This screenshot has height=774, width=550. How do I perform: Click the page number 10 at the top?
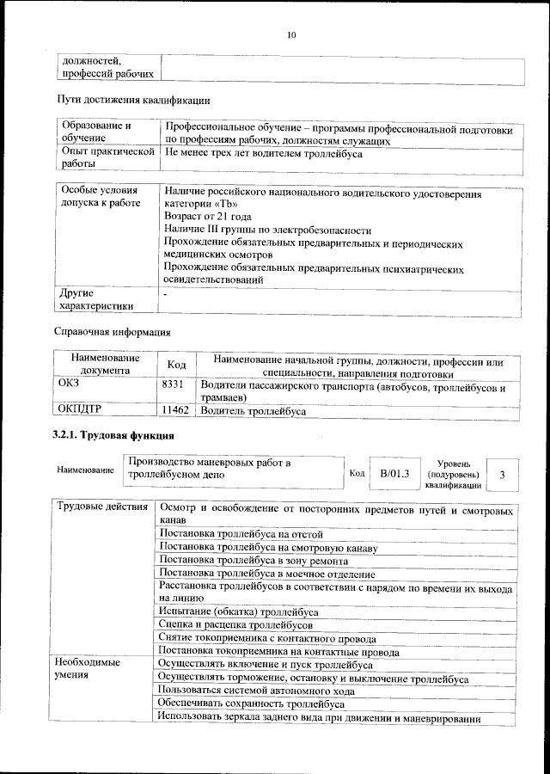291,35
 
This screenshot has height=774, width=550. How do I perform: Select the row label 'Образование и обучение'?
95,131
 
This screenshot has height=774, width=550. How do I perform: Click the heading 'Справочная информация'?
113,331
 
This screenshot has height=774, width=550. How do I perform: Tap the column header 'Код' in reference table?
177,365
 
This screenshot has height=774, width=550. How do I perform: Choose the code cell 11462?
175,411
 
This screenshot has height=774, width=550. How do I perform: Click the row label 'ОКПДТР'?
84,411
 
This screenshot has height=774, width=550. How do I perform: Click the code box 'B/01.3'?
394,473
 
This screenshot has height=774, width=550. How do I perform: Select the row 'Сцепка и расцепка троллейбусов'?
236,623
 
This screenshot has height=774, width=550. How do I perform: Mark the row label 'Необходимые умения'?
88,670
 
